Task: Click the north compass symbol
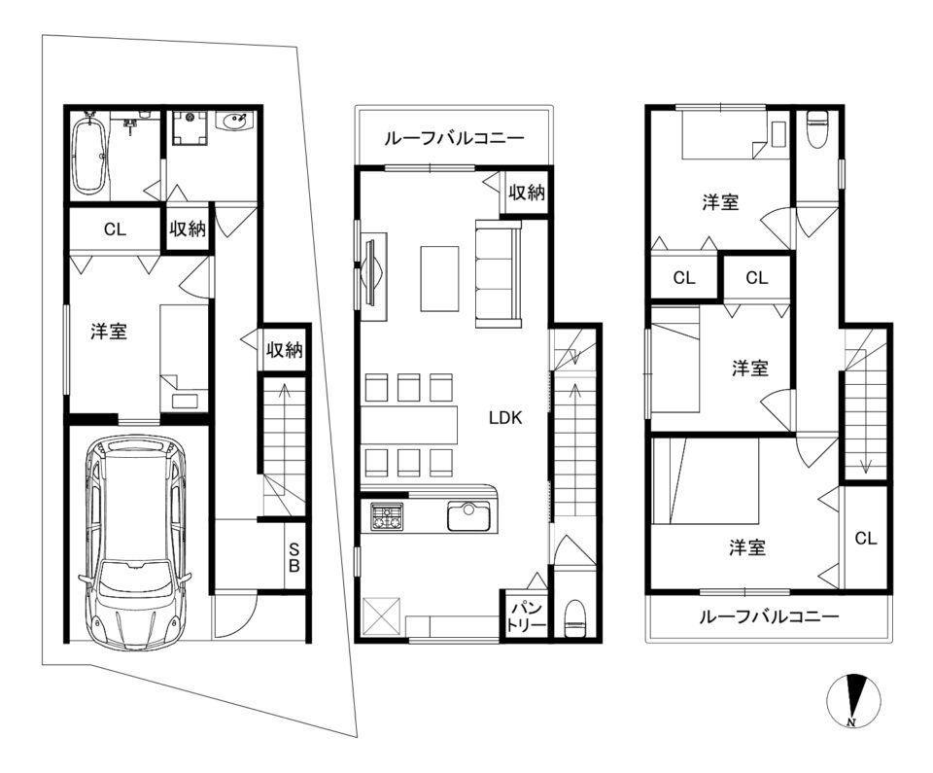[x=853, y=700]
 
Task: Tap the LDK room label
[x=505, y=417]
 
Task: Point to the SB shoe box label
[x=294, y=557]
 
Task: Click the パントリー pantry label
[x=526, y=616]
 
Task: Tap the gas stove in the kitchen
[x=387, y=515]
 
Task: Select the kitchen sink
[x=468, y=515]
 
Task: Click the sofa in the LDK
[x=498, y=273]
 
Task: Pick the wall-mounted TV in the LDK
[x=371, y=273]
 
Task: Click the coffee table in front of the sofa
[x=439, y=278]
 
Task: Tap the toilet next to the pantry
[x=574, y=619]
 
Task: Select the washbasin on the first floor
[x=235, y=123]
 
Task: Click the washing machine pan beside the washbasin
[x=190, y=127]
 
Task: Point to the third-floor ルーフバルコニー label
[x=769, y=616]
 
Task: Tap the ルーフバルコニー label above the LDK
[x=455, y=139]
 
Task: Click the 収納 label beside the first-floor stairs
[x=285, y=350]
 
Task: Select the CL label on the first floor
[x=115, y=229]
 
